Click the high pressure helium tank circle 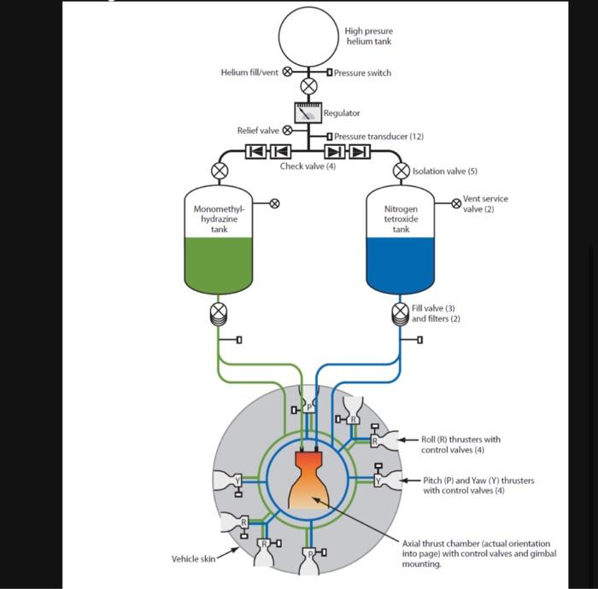(x=308, y=36)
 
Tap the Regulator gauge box (x=308, y=112)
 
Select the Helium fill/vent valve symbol (x=287, y=73)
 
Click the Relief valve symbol (x=287, y=131)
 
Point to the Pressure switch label (x=362, y=73)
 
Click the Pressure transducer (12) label (x=378, y=137)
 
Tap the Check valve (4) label (x=308, y=166)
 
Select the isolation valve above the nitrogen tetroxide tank (x=401, y=171)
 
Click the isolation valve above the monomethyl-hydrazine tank (x=220, y=171)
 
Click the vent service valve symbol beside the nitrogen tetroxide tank (x=456, y=203)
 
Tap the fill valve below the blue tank (x=401, y=309)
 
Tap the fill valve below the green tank (x=220, y=309)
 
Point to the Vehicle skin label (x=193, y=559)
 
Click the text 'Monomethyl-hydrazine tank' (x=220, y=219)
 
